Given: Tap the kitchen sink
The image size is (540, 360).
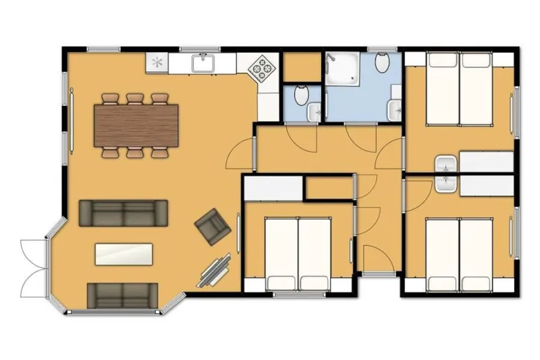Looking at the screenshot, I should click(x=203, y=64).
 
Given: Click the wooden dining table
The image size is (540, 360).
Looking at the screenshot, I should click(x=136, y=126).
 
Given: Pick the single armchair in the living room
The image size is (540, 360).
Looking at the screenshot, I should click(x=212, y=226).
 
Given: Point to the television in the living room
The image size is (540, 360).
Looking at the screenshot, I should click(x=217, y=270).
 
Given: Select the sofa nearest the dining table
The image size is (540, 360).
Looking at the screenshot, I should click(x=124, y=212).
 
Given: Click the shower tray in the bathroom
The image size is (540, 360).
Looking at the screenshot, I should click(x=345, y=69).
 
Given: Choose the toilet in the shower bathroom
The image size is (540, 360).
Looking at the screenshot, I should click(x=382, y=65).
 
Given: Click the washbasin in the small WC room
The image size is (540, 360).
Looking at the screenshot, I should click(x=315, y=111).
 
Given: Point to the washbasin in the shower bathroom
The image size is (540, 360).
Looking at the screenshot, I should click(x=396, y=108).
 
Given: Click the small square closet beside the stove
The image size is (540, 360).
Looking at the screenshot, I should click(x=301, y=66).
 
